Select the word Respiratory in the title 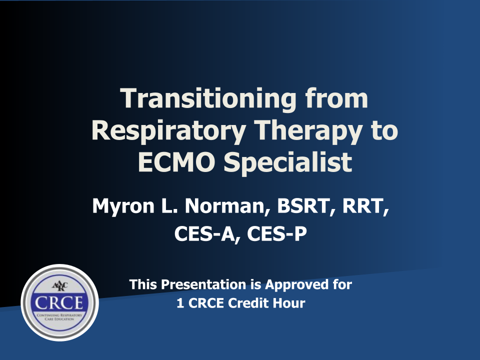click(168, 131)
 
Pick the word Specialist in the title click(288, 162)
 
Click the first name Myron click(123, 207)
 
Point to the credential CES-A click(207, 234)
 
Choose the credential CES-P click(276, 234)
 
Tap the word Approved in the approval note click(295, 285)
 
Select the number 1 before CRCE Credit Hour click(180, 303)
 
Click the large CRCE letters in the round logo click(59, 303)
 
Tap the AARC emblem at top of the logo click(59, 286)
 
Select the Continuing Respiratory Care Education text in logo click(59, 317)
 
